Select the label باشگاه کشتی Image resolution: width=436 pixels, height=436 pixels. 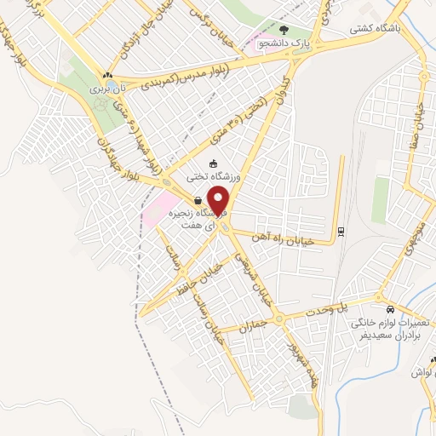[374, 28]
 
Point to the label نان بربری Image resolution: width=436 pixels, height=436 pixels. [102, 88]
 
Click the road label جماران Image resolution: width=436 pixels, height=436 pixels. [255, 325]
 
